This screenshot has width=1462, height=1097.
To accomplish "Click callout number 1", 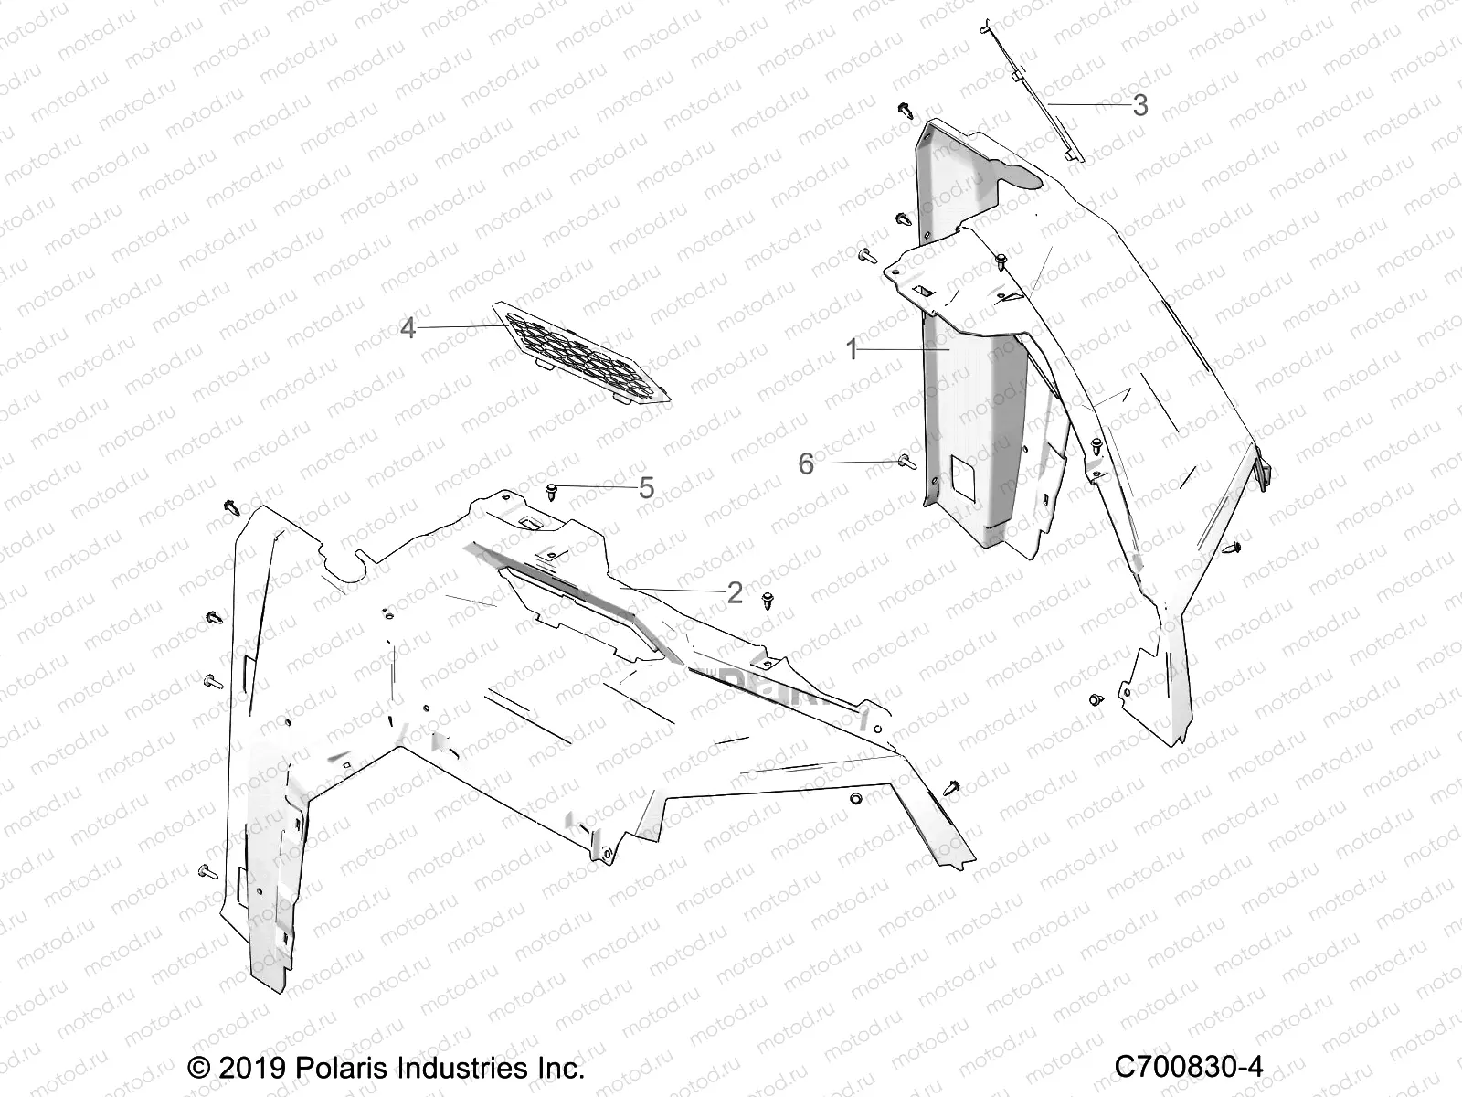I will tap(852, 349).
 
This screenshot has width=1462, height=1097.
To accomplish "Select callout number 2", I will tap(735, 592).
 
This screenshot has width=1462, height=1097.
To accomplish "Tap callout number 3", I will tap(1139, 106).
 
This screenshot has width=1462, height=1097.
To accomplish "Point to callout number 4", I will tap(408, 327).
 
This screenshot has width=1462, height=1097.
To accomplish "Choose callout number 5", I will tap(646, 488).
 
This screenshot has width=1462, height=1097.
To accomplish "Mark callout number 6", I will tap(806, 464).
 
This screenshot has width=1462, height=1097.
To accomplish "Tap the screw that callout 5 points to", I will tap(552, 493).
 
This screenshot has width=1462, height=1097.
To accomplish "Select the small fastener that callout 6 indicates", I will tap(906, 462).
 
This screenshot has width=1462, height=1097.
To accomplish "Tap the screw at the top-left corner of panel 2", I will tap(228, 506).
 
